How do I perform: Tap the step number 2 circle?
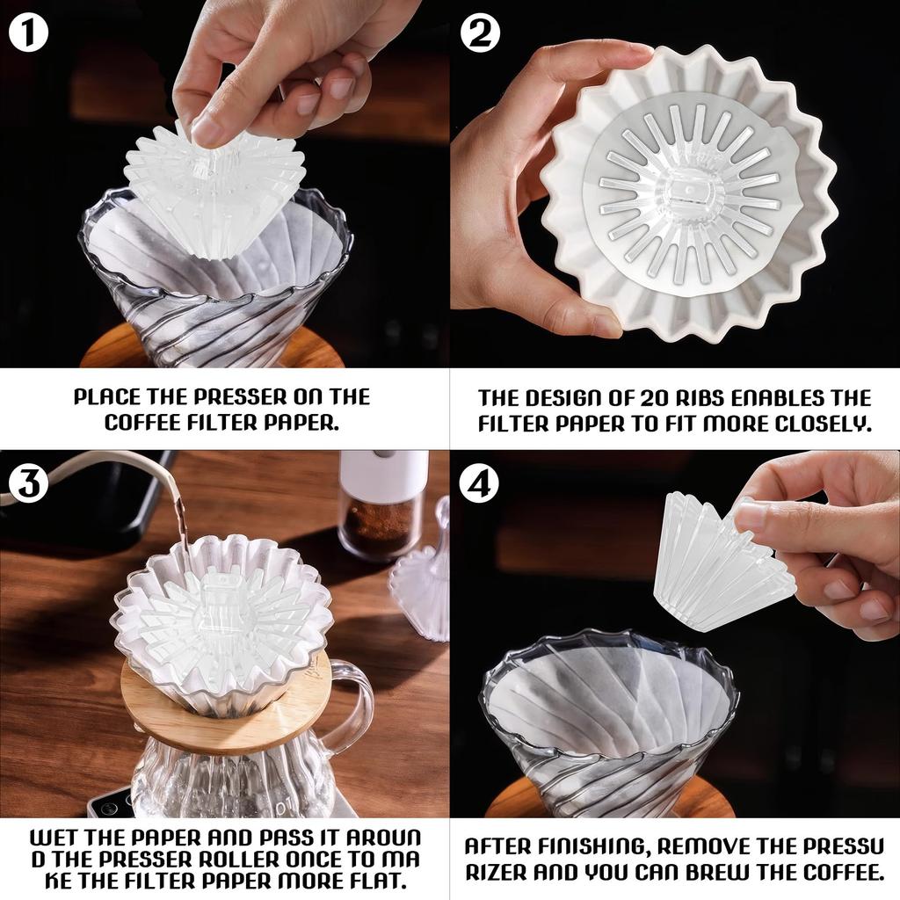[x=480, y=33]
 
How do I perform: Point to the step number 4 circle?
[x=480, y=483]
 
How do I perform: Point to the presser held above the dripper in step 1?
[x=215, y=189]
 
